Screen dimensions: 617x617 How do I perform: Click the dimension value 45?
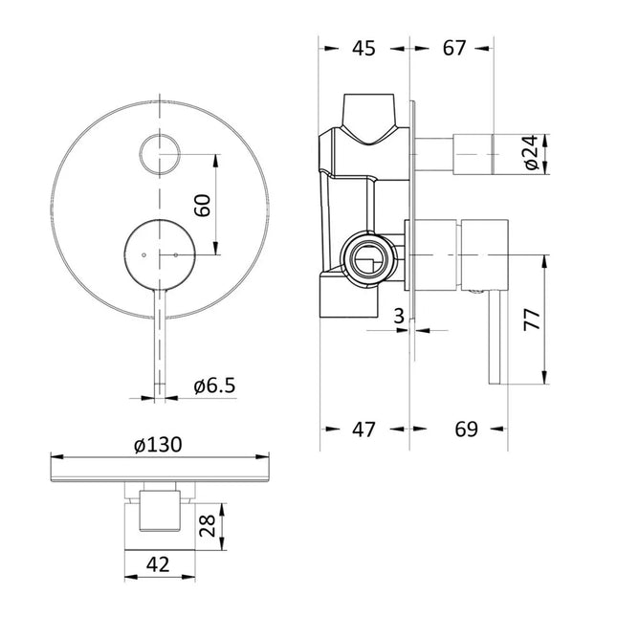[x=363, y=48]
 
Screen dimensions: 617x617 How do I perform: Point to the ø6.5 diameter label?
[x=214, y=386]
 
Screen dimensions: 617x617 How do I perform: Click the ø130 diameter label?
[x=158, y=445]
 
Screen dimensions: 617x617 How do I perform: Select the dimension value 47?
[x=363, y=430]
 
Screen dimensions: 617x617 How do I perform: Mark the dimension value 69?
[x=466, y=430]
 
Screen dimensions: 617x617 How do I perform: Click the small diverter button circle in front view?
[x=160, y=155]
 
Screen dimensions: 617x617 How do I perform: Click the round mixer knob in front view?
[x=161, y=253]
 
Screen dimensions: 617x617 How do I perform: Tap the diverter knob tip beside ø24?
[x=475, y=152]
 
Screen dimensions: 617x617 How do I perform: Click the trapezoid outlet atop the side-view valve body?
[x=373, y=116]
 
